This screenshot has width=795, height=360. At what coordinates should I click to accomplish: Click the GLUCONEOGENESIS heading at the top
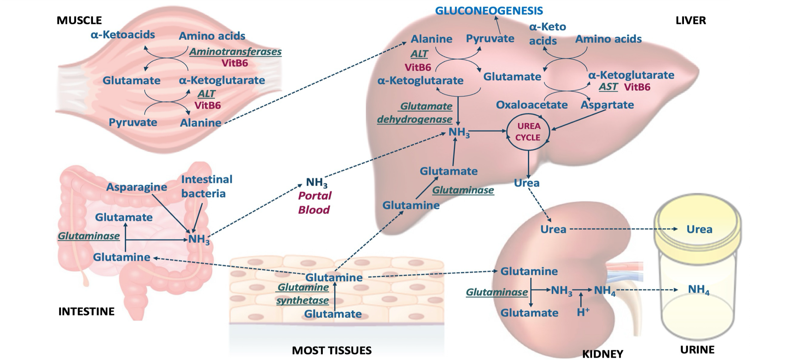click(x=489, y=11)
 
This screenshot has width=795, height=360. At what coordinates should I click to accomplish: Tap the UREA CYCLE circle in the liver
click(x=528, y=132)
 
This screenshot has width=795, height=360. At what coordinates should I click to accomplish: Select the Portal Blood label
click(x=315, y=203)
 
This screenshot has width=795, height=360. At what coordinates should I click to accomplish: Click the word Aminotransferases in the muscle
click(x=235, y=52)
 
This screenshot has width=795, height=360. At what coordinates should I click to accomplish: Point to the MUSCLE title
click(x=79, y=20)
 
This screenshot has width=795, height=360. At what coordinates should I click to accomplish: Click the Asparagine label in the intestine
click(x=137, y=187)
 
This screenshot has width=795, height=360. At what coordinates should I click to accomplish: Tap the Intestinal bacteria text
click(x=206, y=186)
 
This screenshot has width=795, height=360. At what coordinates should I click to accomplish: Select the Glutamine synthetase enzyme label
click(x=303, y=294)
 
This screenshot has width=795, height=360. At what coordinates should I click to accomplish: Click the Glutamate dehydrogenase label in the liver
click(x=414, y=112)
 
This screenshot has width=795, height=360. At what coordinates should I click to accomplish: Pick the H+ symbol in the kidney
click(x=583, y=312)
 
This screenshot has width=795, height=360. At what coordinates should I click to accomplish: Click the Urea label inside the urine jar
click(x=699, y=229)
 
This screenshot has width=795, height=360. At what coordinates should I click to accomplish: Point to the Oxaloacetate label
click(x=531, y=105)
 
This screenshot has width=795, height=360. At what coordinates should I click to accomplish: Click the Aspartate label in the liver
click(x=607, y=105)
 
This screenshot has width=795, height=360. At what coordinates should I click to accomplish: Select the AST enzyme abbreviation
click(x=608, y=87)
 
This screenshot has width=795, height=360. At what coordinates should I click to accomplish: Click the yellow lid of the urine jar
click(x=697, y=216)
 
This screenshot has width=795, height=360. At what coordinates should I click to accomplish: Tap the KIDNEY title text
click(x=602, y=354)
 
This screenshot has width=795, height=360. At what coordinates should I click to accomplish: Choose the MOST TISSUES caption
click(x=331, y=350)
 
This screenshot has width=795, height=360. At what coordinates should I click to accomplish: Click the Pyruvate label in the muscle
click(x=133, y=122)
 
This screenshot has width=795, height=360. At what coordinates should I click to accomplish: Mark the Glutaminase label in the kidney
click(x=497, y=292)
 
